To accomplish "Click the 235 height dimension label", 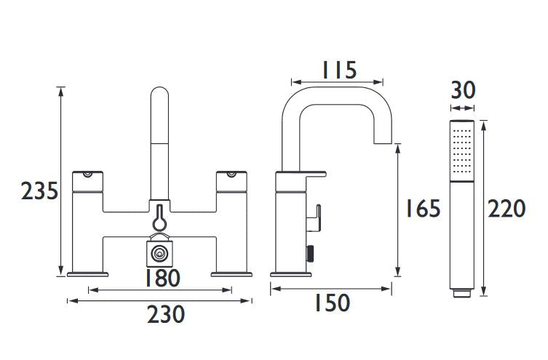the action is point(39,191).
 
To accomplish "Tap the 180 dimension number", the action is point(162,278).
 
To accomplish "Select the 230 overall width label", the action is point(166,314).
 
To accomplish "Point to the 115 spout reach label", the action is point(338,70).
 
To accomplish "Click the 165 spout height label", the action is point(423,208).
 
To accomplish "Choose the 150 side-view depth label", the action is point(333,303).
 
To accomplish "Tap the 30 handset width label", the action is point(463,90).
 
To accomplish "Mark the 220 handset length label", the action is point(507,208).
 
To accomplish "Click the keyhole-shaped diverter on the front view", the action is point(159,217).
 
